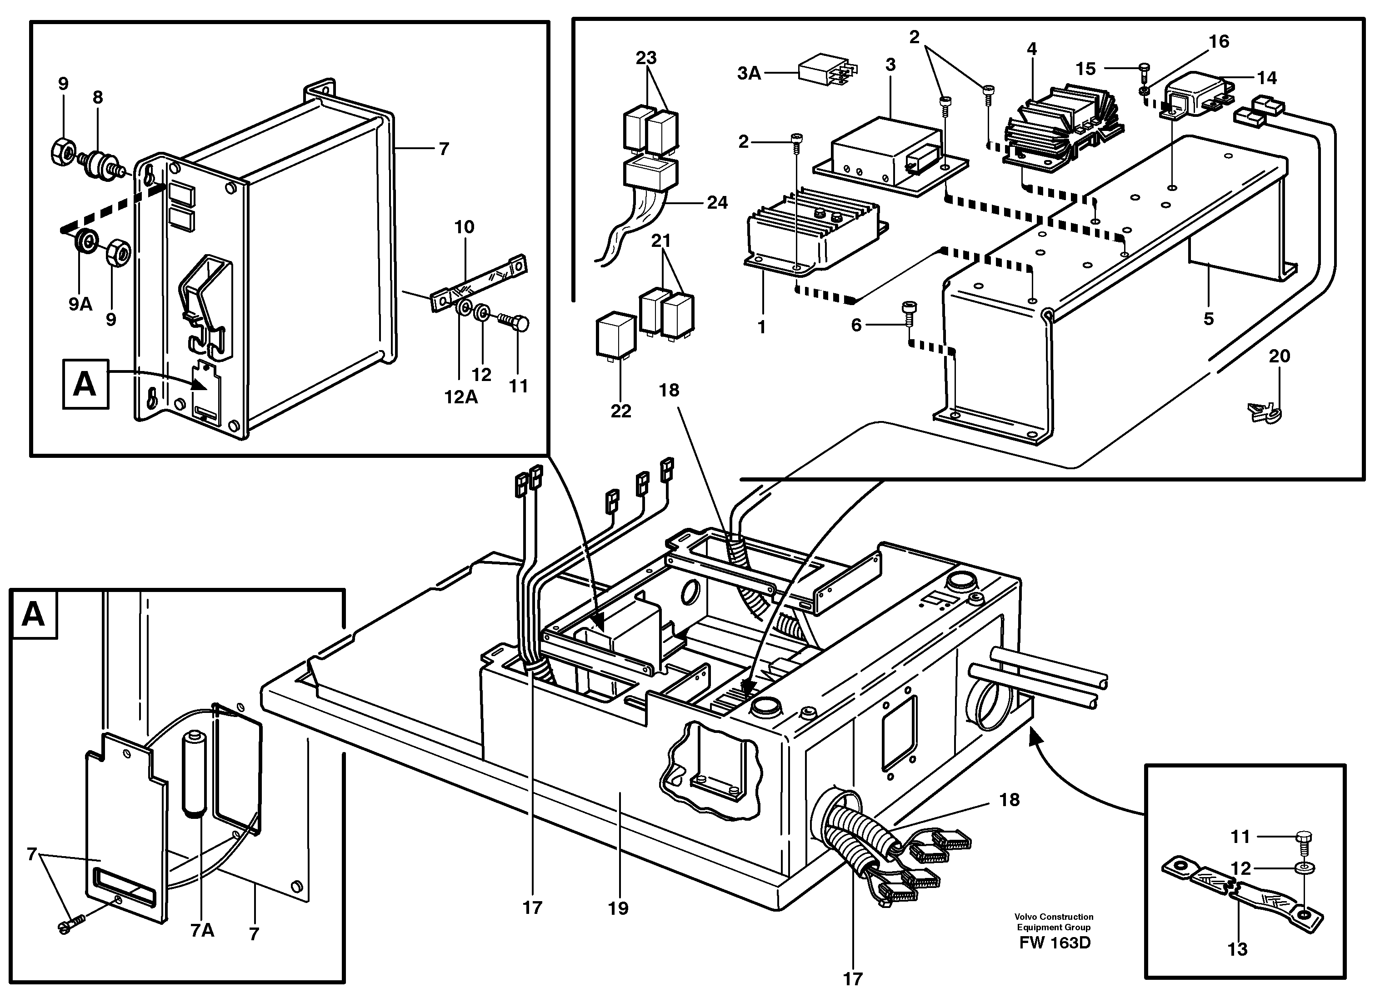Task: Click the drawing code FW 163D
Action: coord(1055,943)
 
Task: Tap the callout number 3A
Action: coord(749,74)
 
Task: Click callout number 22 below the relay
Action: coord(621,411)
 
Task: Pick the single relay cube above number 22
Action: coord(616,333)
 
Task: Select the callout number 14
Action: coord(1267,78)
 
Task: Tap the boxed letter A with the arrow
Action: coord(85,384)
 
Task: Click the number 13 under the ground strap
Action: coord(1237,948)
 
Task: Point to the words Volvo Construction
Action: coord(1054,917)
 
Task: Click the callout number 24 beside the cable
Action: coord(717,202)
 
